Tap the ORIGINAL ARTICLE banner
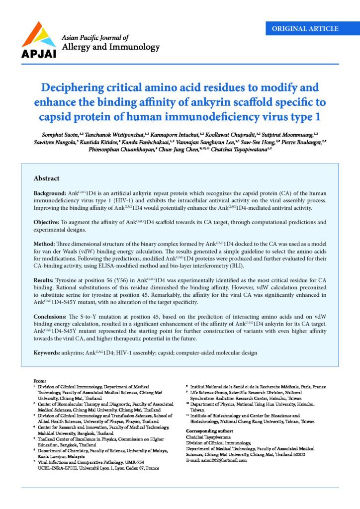pyautogui.click(x=305, y=28)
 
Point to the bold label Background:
pyautogui.click(x=50, y=192)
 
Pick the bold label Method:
pyautogui.click(x=46, y=244)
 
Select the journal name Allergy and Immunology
pyautogui.click(x=110, y=47)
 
